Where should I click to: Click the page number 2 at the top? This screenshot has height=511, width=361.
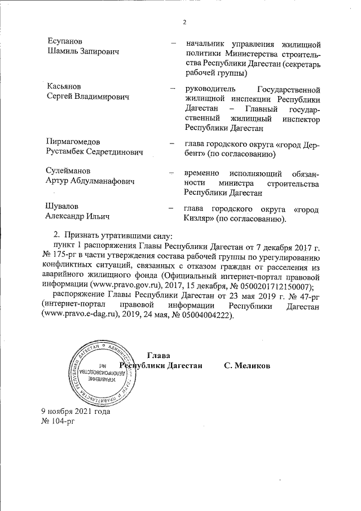(x=184, y=22)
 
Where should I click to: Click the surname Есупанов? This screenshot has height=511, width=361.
(x=65, y=42)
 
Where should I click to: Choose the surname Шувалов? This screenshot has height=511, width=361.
(x=62, y=206)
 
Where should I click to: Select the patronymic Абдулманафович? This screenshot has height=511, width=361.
(x=113, y=181)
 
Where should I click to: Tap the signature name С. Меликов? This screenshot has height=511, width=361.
(x=246, y=366)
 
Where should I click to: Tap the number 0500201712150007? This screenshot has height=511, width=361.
(x=265, y=286)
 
